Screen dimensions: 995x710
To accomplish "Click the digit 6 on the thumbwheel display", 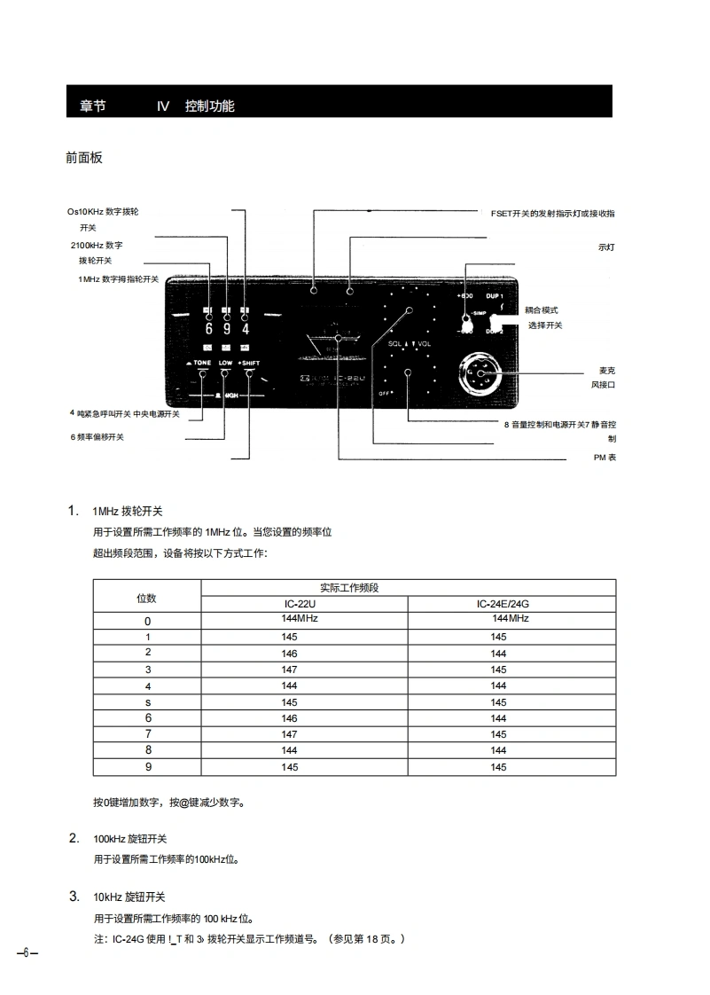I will pos(210,330).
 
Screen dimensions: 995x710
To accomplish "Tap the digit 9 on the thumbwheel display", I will pos(228,330).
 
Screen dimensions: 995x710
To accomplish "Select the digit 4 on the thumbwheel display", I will pos(246,330).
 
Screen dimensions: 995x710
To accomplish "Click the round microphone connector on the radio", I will pos(482,376).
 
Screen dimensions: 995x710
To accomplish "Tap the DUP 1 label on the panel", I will pos(494,295).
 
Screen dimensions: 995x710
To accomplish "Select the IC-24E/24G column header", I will pos(511,604).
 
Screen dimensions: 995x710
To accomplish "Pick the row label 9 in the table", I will pos(148,767).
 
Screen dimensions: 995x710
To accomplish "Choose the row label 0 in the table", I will pos(148,621).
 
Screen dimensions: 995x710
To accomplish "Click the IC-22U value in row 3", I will pos(290,670).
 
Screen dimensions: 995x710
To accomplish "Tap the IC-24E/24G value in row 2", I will pos(498,654).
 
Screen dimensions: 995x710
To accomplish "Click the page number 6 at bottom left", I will pos(27,952).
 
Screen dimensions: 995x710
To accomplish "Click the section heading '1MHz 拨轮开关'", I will pos(128,512).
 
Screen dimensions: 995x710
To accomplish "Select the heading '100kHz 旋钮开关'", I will pos(130,839).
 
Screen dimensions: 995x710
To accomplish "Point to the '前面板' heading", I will pos(84,158).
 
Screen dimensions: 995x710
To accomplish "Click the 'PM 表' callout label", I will pos(605,458).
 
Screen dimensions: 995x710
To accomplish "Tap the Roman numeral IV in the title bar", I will pos(163,106).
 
